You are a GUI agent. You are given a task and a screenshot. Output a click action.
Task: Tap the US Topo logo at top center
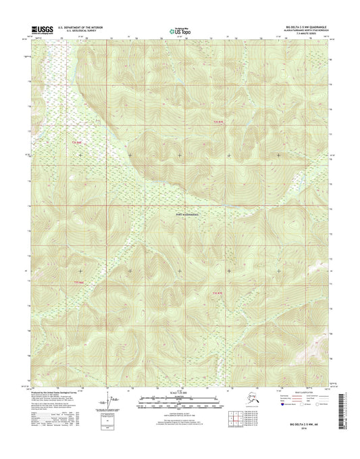180,30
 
